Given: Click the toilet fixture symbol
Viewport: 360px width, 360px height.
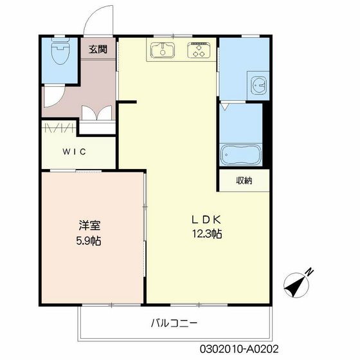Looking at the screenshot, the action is (x=60, y=51).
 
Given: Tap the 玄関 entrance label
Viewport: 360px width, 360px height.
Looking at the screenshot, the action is (x=98, y=49).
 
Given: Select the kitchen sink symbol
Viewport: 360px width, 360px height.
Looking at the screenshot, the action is (x=162, y=50).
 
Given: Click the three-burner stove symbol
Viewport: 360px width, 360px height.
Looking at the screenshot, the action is (x=199, y=50).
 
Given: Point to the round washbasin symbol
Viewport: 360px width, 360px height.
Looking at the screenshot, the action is (x=258, y=85).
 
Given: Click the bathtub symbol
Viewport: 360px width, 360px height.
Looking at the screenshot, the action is (x=240, y=154).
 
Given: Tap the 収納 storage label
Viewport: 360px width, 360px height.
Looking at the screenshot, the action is (x=244, y=181).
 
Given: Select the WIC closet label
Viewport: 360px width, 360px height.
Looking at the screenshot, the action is (x=74, y=152).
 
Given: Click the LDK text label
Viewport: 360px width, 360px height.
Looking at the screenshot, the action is (x=206, y=220).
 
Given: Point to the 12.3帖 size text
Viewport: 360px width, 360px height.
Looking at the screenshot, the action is (x=207, y=234).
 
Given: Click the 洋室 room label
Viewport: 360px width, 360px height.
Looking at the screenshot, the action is (x=89, y=225).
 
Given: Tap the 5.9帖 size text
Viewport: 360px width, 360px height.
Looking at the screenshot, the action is (x=89, y=241).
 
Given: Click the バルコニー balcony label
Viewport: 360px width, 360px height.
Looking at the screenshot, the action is (x=174, y=323).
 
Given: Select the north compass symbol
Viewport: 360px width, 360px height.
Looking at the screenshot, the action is (x=296, y=285).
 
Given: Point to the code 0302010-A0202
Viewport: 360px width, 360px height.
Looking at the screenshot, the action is (x=239, y=349).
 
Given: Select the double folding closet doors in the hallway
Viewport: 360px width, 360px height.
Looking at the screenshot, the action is (x=97, y=113).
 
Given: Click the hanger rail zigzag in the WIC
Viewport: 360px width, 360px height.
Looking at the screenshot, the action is (x=59, y=128).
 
